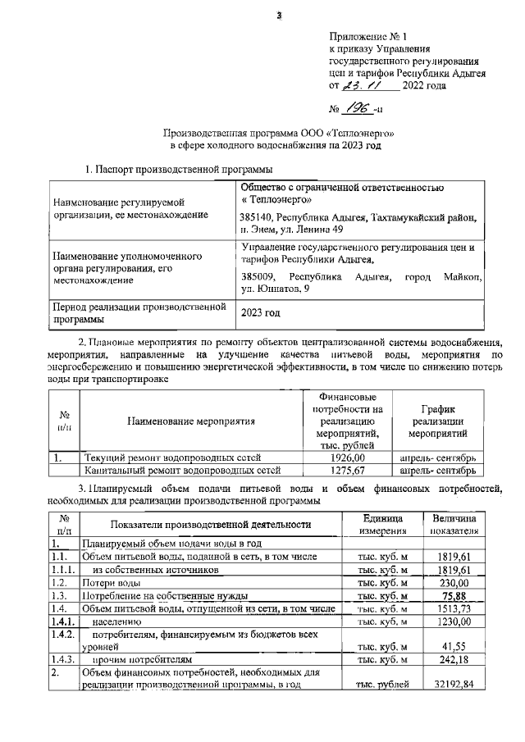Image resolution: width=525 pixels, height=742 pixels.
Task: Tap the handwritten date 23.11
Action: pos(362,84)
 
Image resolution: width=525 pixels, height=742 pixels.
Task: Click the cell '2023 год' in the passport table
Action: pos(261,313)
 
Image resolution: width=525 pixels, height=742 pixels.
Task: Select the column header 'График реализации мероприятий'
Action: pos(437,421)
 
